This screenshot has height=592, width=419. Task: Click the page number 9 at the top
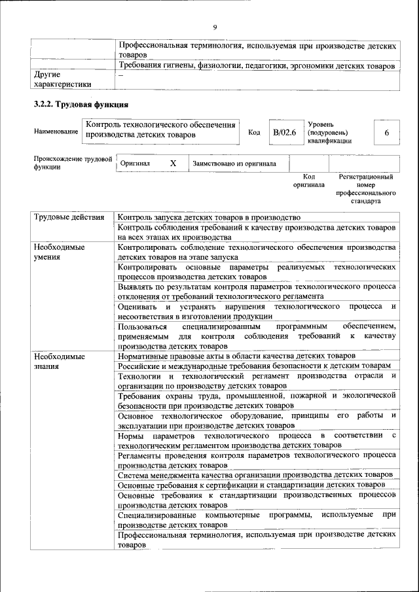(x=214, y=27)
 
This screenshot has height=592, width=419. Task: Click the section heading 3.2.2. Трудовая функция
(x=81, y=105)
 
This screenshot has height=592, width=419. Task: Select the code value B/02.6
(x=285, y=133)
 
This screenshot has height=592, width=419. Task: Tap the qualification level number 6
(x=386, y=133)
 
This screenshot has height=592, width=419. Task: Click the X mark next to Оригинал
(x=173, y=164)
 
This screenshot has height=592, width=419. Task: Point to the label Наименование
(x=56, y=133)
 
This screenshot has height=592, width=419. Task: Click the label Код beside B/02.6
(x=254, y=133)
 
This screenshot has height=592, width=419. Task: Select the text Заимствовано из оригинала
(x=234, y=164)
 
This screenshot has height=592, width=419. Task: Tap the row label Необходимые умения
(x=60, y=252)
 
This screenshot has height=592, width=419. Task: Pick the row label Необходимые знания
(x=60, y=361)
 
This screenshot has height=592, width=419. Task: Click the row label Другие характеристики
(x=62, y=79)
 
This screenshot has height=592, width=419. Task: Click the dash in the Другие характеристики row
(x=120, y=75)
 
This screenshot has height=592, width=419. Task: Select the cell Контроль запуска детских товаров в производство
(x=209, y=217)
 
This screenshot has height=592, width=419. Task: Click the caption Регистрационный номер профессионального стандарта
(x=366, y=189)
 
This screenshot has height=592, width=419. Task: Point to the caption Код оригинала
(x=309, y=181)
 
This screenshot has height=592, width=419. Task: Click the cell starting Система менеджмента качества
(x=255, y=474)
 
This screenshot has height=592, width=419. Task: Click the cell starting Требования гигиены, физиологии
(x=256, y=66)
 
